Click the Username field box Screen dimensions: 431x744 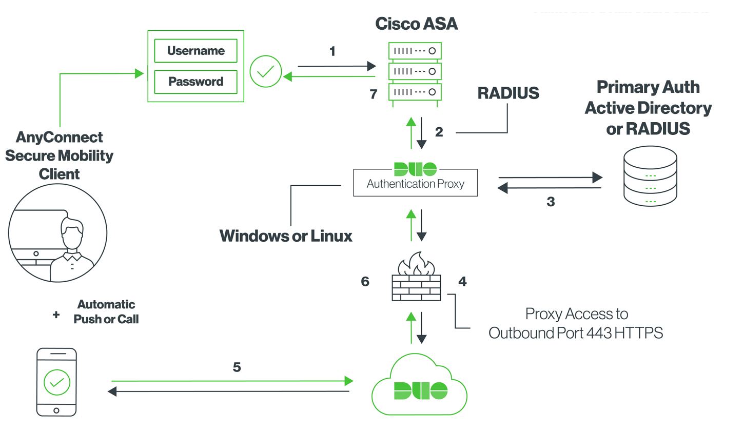196,51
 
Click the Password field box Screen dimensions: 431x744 196,82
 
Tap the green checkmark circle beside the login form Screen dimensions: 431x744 265,71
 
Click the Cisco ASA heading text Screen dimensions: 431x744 416,24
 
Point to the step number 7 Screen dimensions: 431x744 373,94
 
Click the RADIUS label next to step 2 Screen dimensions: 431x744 508,93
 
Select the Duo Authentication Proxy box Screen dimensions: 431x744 415,182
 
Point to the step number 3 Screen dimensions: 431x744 551,202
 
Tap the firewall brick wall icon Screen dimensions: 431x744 416,280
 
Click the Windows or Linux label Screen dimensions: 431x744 286,236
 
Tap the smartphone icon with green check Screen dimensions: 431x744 56,382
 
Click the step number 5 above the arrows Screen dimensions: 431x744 237,367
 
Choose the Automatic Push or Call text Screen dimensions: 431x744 106,311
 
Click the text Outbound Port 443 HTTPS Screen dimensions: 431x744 576,333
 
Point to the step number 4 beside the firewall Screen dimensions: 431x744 462,282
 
